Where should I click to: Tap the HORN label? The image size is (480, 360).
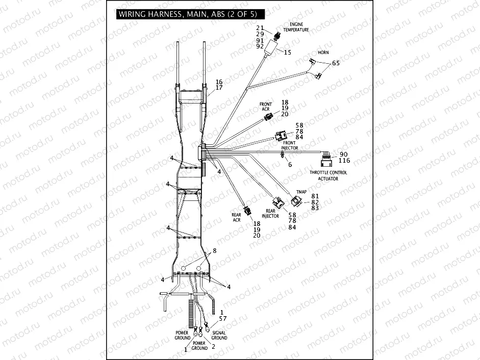[323, 53]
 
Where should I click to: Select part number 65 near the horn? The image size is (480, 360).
[335, 63]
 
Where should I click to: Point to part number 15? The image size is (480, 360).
[288, 53]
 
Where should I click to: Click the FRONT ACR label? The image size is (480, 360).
[266, 107]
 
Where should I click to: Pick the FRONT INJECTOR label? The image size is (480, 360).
[289, 145]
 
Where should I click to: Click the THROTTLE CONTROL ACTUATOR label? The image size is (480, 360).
[328, 175]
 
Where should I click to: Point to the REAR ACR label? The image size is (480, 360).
[236, 217]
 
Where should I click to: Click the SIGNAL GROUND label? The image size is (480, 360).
[219, 336]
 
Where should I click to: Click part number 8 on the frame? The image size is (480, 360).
[215, 250]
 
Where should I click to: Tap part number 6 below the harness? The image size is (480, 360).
[290, 164]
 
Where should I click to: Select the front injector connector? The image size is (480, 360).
[281, 136]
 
